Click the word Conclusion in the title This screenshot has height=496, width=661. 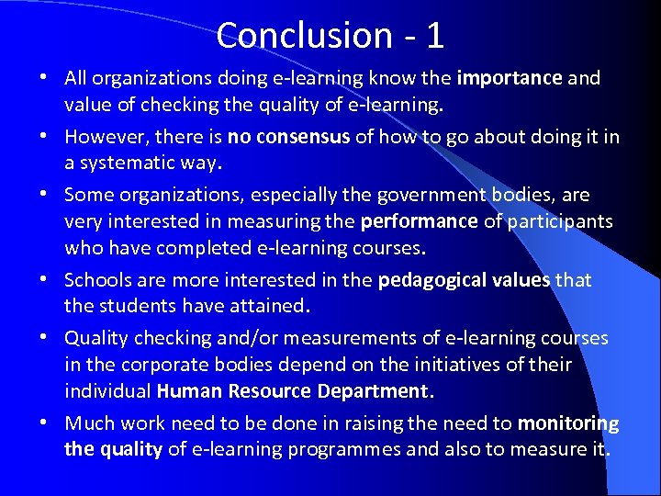(292, 36)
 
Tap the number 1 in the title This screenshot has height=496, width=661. (434, 36)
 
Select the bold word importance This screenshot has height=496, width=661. (509, 78)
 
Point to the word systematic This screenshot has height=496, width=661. (137, 163)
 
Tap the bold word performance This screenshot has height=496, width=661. (420, 221)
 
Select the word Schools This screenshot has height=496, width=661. (99, 280)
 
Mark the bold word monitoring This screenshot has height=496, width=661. (568, 423)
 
